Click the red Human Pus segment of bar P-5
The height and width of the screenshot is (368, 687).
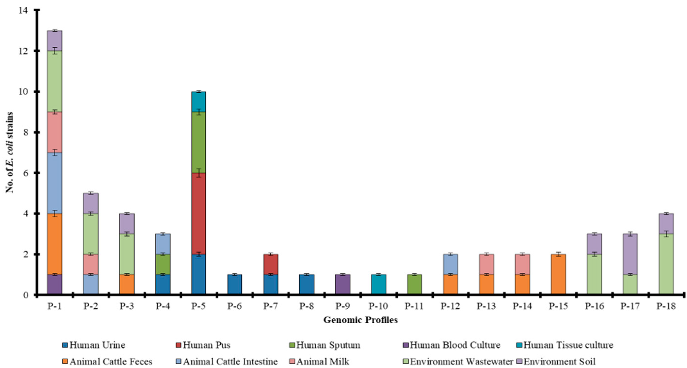(x=199, y=214)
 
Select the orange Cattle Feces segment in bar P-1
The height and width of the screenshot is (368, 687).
(x=55, y=244)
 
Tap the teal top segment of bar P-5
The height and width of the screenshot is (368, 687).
(x=199, y=102)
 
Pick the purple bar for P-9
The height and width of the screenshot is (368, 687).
(x=343, y=284)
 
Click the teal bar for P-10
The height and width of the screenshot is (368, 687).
(x=379, y=284)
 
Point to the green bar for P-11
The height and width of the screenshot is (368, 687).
(x=415, y=284)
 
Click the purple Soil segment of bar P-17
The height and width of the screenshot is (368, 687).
(x=630, y=254)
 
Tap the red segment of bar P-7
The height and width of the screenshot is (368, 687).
(x=271, y=264)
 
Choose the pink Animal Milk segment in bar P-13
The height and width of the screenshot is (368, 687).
(x=487, y=264)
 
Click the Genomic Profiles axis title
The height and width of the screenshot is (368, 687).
(x=361, y=320)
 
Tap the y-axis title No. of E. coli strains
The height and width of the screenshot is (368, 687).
(x=10, y=152)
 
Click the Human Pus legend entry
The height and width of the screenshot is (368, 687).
(x=206, y=345)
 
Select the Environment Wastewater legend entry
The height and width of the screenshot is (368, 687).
(x=461, y=362)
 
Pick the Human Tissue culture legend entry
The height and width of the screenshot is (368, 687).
(x=568, y=345)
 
